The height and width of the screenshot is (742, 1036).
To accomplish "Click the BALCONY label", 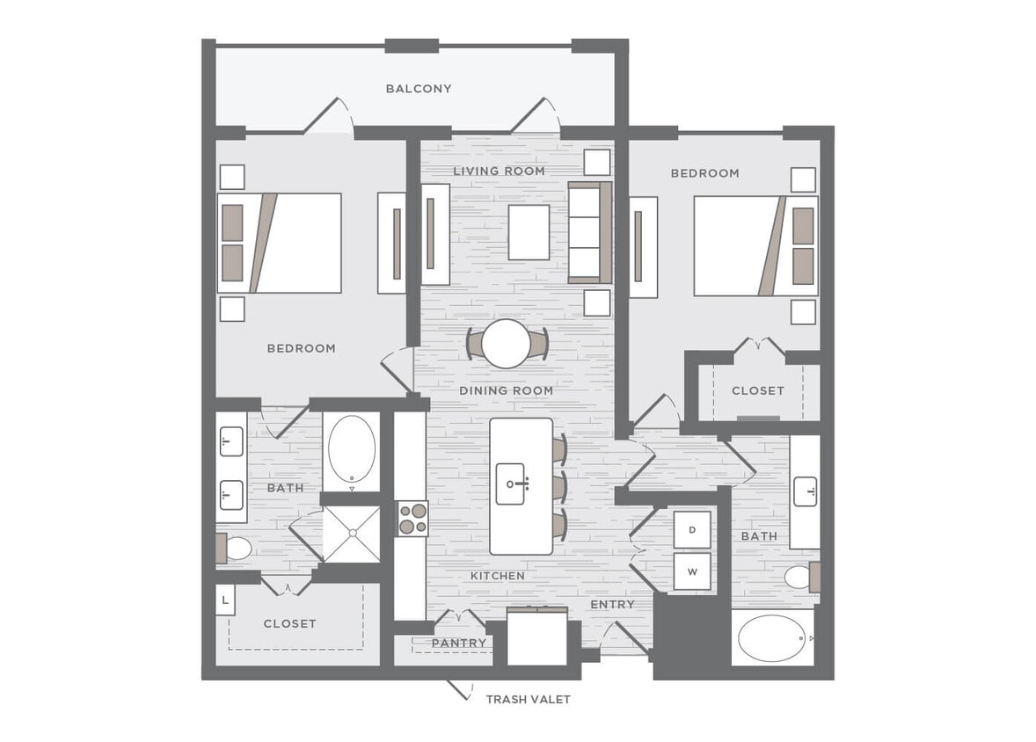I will coord(419,89).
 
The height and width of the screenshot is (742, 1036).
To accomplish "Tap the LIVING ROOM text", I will coord(499,171).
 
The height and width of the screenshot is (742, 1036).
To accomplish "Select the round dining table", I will coord(506,343).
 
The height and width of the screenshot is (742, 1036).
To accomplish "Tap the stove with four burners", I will coord(411,519).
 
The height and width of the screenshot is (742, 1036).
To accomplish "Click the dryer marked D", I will coord(692,529).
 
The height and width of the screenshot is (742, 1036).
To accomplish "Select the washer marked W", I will coord(692,571).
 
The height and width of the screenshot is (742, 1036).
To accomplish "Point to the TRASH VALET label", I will coord(528,700).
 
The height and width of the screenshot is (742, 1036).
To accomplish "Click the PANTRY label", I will coord(458,644).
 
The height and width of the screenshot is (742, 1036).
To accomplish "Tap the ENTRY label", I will coord(612,605).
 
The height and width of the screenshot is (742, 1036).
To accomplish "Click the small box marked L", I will coord(226,600).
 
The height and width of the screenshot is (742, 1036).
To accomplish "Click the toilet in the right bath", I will coord(799,577).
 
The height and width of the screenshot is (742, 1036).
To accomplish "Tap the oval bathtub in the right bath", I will coord(772,638).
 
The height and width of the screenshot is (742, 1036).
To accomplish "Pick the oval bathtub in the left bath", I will coord(352,448).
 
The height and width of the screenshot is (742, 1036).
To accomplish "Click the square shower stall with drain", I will coord(352,534).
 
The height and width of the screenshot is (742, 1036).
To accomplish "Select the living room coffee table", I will coord(529,232).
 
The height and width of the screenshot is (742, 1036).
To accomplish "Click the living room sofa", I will coord(588,232).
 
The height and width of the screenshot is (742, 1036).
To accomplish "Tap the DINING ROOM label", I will coord(506,390).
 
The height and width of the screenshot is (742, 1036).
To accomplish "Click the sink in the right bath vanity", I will coord(805,491).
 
